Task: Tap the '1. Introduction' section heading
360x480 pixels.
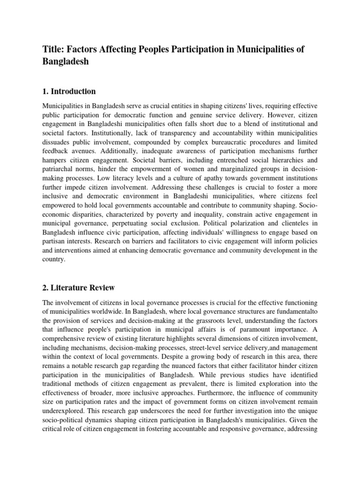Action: [69, 91]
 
